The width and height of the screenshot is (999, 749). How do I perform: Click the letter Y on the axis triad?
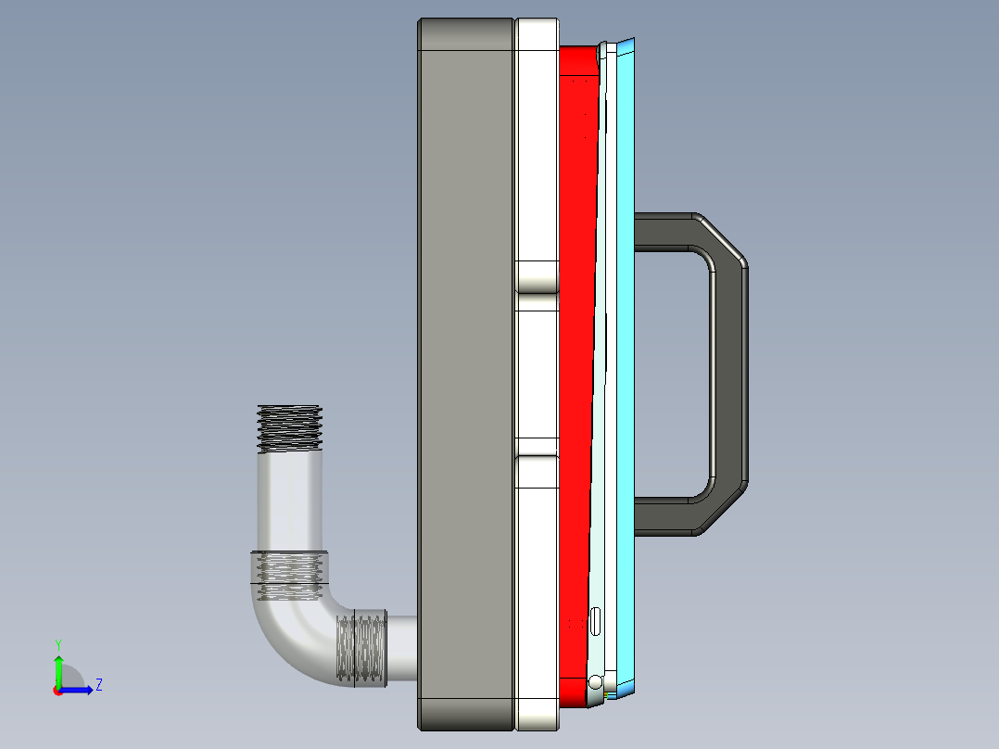click(57, 643)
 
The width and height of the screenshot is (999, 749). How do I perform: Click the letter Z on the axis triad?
click(98, 685)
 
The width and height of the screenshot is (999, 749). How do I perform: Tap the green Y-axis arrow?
click(57, 667)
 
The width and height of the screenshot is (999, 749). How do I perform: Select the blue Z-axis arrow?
click(80, 689)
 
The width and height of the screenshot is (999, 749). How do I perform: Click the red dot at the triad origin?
click(57, 690)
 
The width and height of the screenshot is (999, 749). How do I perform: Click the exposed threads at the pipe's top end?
click(289, 428)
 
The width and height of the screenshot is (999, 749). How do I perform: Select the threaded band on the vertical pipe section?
click(289, 575)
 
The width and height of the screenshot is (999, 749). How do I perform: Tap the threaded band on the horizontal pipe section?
click(360, 649)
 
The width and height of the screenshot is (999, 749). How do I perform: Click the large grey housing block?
click(465, 371)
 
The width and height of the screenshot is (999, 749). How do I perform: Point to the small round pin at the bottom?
click(595, 682)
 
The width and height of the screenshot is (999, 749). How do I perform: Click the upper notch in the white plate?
click(537, 276)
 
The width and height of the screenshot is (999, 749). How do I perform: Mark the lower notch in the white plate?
click(537, 446)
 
